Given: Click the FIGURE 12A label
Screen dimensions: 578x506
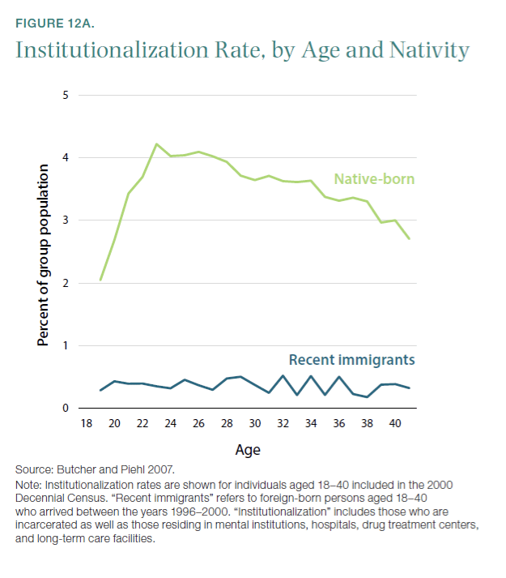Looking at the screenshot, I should coord(56,22).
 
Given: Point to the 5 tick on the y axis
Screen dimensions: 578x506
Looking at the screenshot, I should coord(66,95).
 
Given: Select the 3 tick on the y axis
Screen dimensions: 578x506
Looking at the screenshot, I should coord(66,220).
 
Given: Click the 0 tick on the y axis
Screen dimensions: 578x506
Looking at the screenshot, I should coord(66,409).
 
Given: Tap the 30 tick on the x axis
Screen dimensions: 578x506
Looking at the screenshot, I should coord(255,424).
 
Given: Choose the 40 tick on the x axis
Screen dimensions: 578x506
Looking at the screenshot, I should coord(395,424).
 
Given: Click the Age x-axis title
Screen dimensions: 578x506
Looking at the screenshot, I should coord(248,449).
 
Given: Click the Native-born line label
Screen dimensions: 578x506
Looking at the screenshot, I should coord(375,178).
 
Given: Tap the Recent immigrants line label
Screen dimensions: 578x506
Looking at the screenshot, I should coord(352,360).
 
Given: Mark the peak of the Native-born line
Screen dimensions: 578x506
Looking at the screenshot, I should coord(156,144).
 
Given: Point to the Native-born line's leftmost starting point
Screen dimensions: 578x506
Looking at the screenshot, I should coord(100,280).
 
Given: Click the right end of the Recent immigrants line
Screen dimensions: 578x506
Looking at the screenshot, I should coord(410,388).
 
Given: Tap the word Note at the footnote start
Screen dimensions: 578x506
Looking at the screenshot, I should coord(28,484).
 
